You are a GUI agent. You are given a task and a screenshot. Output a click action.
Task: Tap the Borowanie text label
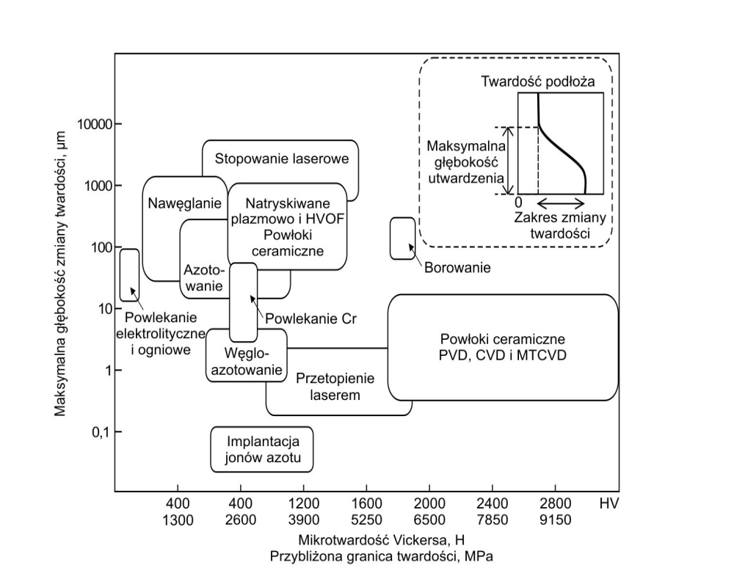coord(457,268)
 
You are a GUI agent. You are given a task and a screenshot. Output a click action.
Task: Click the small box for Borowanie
coord(401,238)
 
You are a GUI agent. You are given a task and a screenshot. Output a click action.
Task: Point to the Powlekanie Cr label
coord(305,319)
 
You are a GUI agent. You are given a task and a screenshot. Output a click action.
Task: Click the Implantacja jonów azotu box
coord(261,451)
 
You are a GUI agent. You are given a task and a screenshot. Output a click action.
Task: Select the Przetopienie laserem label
coord(335,387)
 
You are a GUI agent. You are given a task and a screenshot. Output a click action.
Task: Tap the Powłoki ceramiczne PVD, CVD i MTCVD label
coord(503,347)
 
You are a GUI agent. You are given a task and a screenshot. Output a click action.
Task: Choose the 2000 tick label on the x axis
coord(429,504)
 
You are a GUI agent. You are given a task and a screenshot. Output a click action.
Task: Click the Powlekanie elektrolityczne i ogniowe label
coord(157,334)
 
